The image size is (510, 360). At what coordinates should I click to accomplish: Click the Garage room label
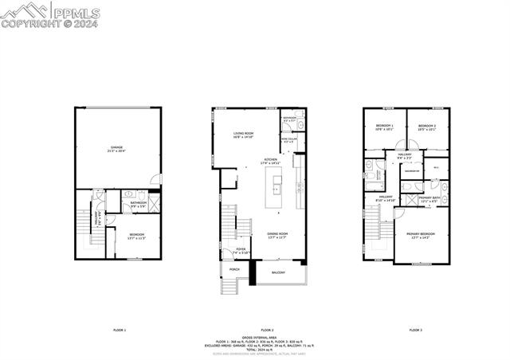(117, 150)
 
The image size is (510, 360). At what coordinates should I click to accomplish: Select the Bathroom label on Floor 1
(139, 205)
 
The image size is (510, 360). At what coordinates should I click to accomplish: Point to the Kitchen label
(271, 161)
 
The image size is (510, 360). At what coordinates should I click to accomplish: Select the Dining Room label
(277, 235)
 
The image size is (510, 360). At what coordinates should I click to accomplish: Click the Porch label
(234, 269)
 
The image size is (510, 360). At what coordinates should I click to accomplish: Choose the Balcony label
(278, 273)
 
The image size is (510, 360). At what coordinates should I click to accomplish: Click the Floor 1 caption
(120, 329)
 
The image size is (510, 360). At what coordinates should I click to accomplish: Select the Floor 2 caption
(267, 329)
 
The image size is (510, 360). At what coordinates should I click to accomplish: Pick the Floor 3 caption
(415, 329)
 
